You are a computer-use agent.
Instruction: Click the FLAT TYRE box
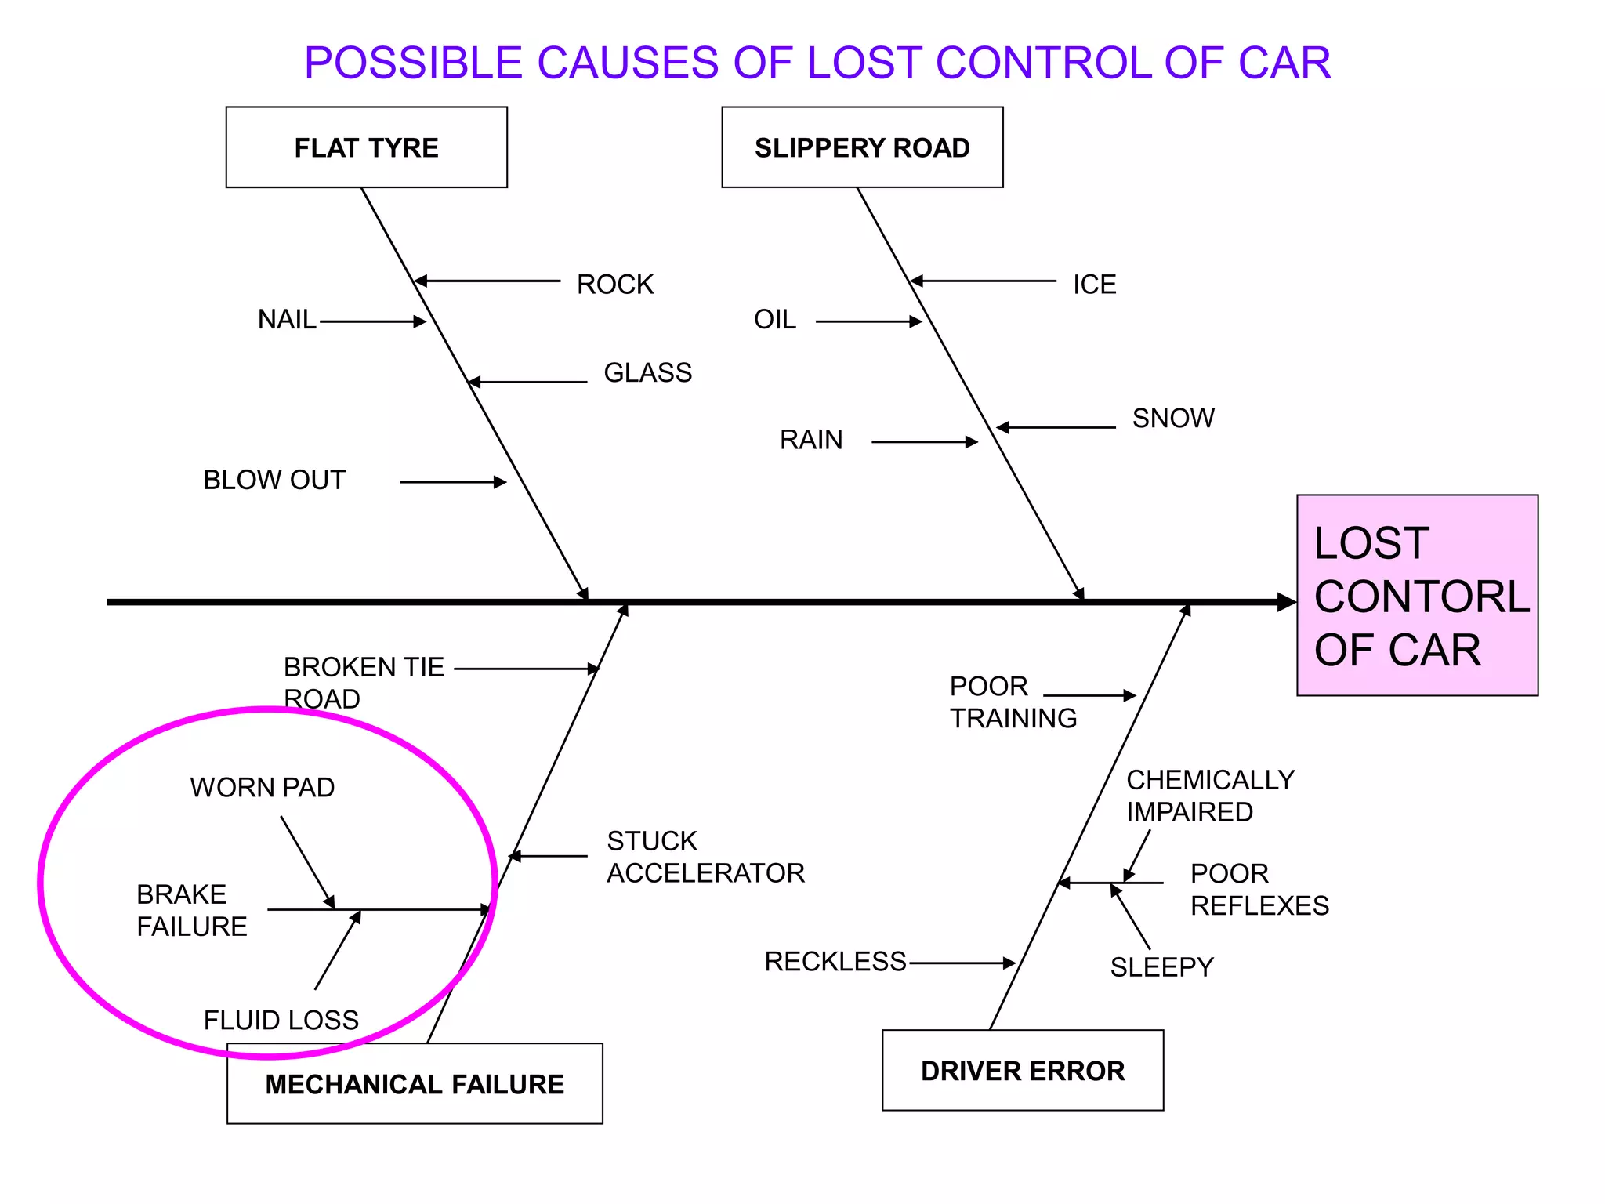366,147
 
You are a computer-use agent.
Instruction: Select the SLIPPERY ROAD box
862,147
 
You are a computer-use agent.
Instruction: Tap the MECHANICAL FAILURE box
415,1083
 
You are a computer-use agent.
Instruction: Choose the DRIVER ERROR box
1023,1070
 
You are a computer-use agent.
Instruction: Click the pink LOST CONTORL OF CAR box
1417,595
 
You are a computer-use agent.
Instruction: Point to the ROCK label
615,284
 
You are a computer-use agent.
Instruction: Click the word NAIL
287,319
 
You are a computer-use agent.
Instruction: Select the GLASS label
647,372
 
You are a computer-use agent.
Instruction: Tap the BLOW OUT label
274,480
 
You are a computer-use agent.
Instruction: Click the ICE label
1094,284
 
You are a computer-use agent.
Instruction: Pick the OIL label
775,319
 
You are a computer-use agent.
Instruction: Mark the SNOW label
1173,418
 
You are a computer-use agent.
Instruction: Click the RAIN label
811,439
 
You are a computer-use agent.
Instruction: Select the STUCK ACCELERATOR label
705,857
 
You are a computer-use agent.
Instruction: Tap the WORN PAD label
263,787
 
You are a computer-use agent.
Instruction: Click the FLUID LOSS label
281,1020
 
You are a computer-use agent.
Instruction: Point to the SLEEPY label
1161,966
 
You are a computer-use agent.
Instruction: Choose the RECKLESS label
835,961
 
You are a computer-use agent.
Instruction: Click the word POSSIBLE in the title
413,63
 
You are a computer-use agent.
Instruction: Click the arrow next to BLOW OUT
453,482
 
